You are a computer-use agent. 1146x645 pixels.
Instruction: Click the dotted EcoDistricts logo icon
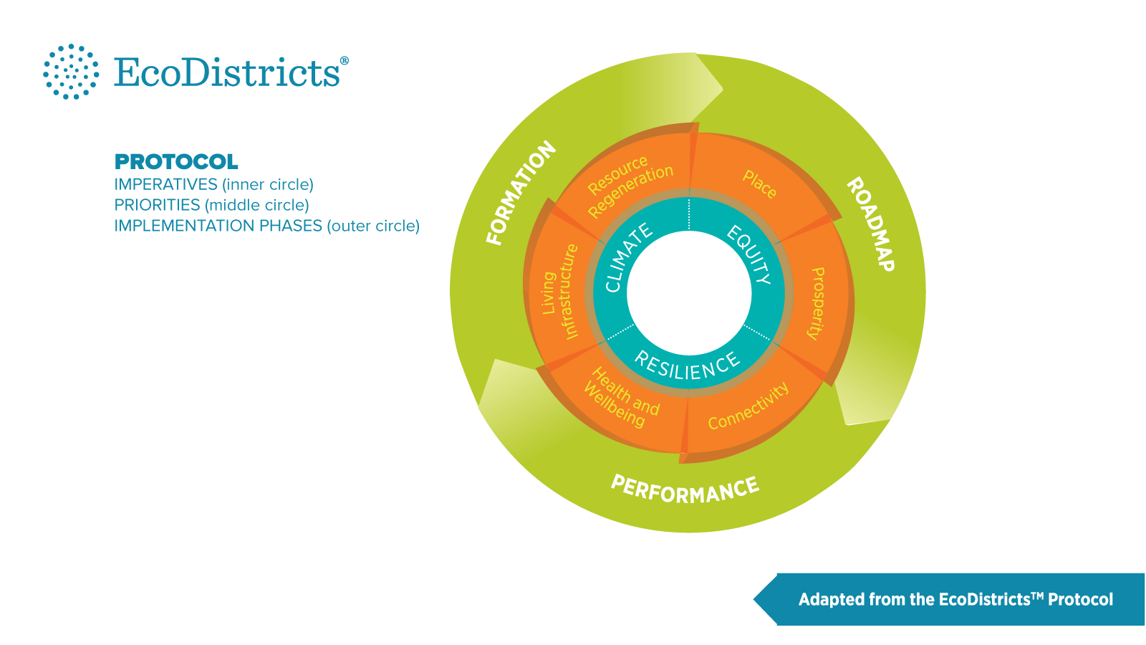(71, 72)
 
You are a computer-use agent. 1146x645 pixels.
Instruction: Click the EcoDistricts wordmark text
(228, 72)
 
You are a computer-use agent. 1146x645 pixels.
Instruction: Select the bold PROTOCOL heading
(176, 161)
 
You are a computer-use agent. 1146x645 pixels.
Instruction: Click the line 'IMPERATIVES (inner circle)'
(213, 184)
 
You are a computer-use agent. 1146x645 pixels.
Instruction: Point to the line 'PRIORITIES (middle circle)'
(211, 205)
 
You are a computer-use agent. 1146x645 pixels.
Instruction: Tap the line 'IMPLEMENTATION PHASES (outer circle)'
(266, 226)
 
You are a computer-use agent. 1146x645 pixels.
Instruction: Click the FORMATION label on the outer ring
(521, 192)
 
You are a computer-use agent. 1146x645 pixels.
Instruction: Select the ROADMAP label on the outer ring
(871, 224)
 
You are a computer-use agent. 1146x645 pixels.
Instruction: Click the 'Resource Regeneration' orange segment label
(630, 185)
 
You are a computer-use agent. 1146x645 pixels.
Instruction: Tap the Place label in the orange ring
(760, 184)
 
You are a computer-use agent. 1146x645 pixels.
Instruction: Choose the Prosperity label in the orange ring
(817, 302)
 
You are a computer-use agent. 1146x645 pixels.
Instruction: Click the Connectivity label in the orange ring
(748, 406)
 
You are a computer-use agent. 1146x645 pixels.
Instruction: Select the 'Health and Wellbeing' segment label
(621, 397)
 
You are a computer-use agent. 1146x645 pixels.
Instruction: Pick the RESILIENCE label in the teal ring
(687, 366)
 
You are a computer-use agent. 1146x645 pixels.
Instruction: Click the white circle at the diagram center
(689, 292)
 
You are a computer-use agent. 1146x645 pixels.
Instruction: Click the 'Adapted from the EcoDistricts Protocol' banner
(955, 599)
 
